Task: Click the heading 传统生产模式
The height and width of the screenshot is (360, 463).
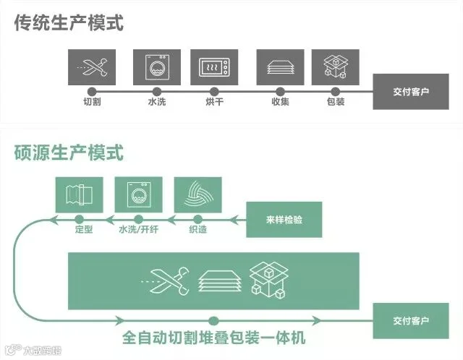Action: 69,22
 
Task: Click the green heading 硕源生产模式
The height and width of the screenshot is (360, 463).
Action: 69,153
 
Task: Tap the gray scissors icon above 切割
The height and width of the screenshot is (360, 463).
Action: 93,67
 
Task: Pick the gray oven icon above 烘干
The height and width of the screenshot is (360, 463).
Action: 214,67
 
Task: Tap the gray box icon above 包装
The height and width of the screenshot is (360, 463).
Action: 336,67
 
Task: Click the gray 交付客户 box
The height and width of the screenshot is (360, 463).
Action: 411,92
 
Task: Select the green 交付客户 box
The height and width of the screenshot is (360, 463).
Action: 410,320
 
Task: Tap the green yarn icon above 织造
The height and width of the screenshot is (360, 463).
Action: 198,193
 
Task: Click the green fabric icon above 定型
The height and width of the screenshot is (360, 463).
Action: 80,193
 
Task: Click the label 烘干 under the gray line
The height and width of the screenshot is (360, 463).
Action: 214,102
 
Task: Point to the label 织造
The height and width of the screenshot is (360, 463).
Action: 198,230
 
